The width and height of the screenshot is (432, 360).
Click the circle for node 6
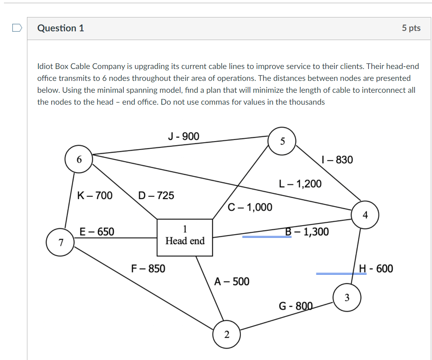[x=79, y=159]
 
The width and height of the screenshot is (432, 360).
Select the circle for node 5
[x=282, y=141]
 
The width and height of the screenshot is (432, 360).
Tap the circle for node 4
[x=365, y=215]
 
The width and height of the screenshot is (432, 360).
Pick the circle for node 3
[x=347, y=298]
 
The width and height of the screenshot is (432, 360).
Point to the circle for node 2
[x=227, y=334]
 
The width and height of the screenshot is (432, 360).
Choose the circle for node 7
[x=60, y=243]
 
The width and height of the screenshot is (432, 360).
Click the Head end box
[x=185, y=237]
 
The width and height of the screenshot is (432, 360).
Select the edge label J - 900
[x=184, y=136]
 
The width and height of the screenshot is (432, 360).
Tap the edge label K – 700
[x=95, y=195]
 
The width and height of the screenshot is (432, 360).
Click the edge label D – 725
[x=156, y=195]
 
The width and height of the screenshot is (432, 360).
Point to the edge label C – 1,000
[x=250, y=207]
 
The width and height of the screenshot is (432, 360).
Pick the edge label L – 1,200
[x=300, y=184]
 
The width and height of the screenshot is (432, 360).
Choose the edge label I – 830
[x=338, y=160]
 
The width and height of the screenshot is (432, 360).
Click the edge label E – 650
[x=97, y=232]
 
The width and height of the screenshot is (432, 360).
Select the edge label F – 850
[x=148, y=268]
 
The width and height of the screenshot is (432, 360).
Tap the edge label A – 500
[x=232, y=281]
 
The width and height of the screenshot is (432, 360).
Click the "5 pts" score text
[x=411, y=28]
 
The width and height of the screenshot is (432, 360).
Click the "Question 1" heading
[x=61, y=28]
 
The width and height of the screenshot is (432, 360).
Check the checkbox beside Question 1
[x=17, y=28]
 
